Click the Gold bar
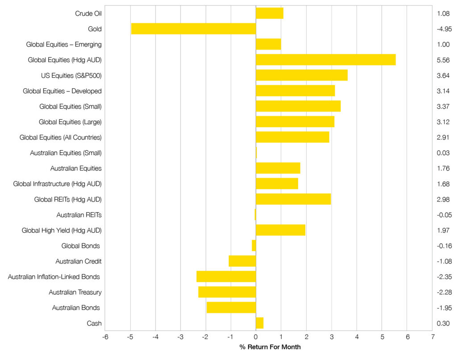coord(193,29)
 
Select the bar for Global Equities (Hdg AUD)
coord(325,60)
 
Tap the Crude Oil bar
coord(269,13)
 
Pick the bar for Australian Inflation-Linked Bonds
coord(226,276)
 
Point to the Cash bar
coord(259,323)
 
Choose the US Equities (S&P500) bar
coord(301,75)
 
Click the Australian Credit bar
coord(242,261)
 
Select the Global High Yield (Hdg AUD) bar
coord(280,230)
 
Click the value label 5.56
coord(443,60)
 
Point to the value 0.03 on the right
coord(443,153)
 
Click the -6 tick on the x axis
coord(105,338)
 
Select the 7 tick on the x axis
coord(432,338)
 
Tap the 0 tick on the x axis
coord(256,338)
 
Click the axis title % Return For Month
coord(270,347)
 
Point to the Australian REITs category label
coord(79,215)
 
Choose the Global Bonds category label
coord(80,246)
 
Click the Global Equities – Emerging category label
coord(64,44)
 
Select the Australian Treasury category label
coord(75,292)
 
